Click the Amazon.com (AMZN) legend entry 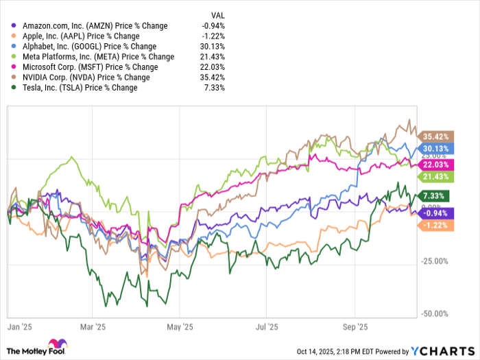tap(89, 25)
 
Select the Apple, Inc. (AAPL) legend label tap(80, 36)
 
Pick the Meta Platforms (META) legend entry tap(94, 56)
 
